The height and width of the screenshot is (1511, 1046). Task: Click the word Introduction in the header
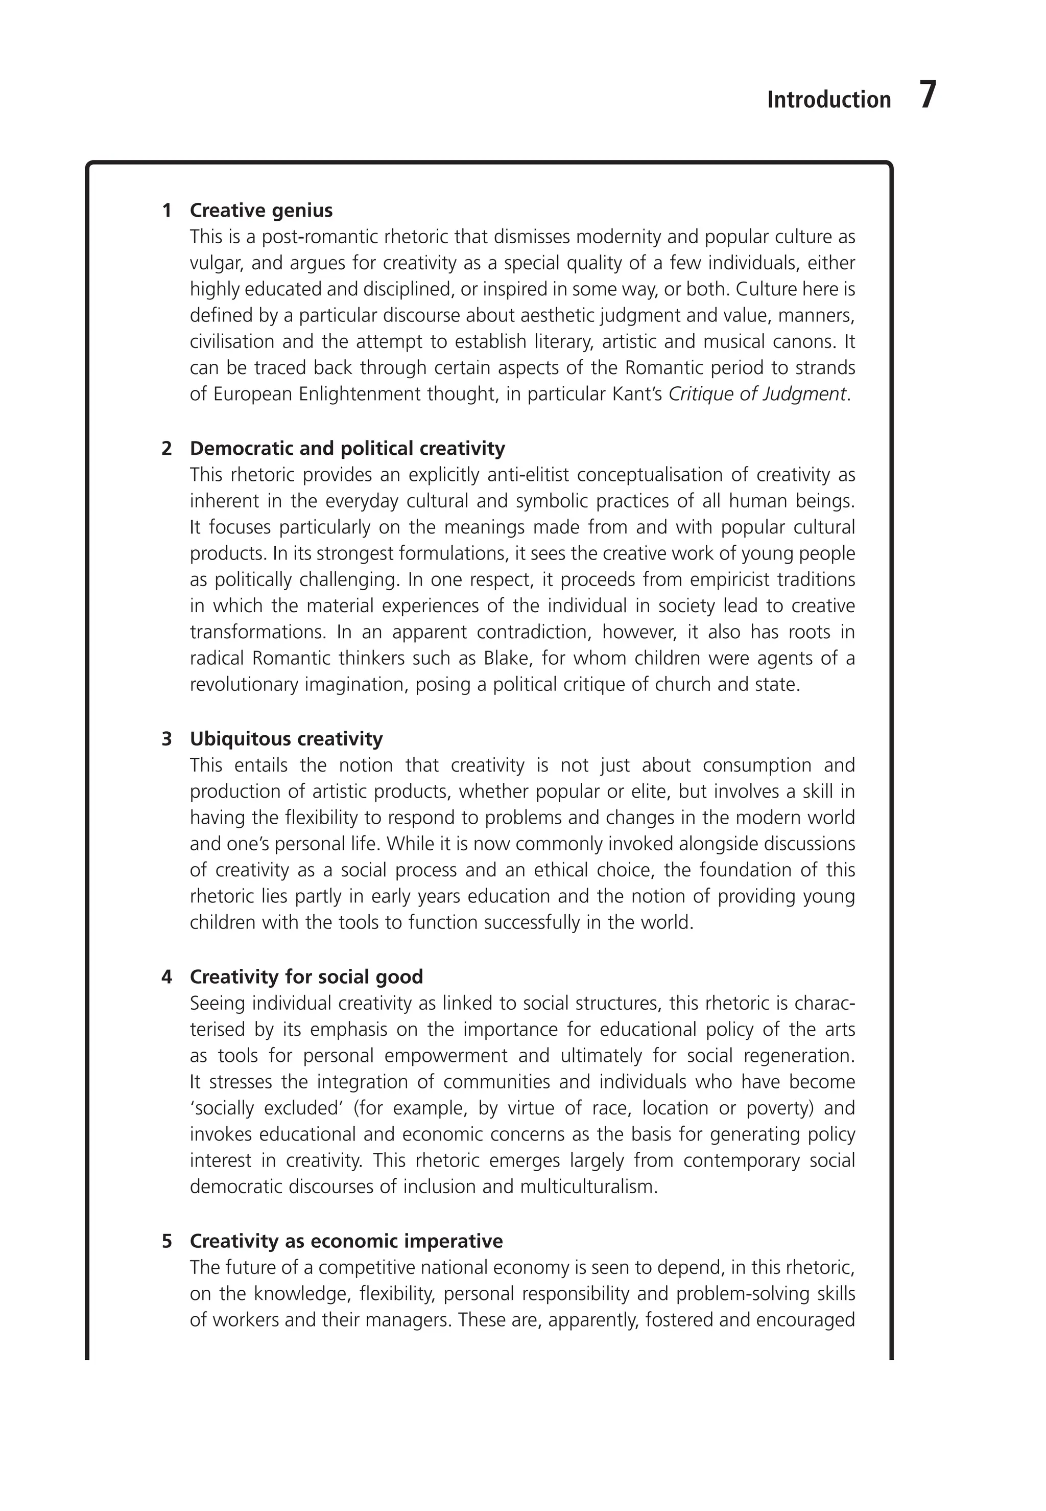click(x=828, y=100)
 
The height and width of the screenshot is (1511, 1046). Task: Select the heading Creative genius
click(x=261, y=211)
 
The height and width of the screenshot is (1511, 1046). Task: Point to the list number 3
click(x=167, y=739)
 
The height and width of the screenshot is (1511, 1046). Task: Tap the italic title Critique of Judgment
click(x=757, y=394)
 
